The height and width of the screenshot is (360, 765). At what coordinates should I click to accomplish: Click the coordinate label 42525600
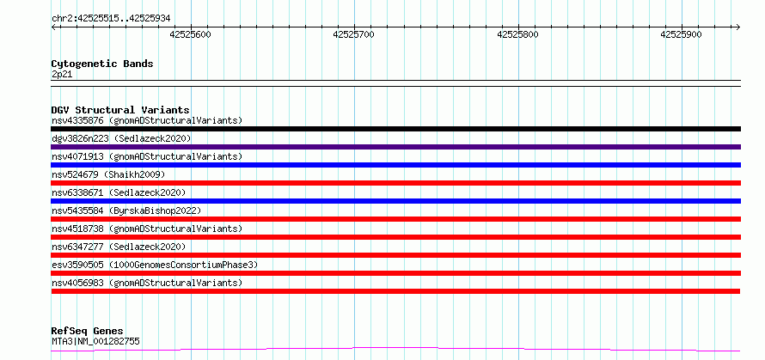190,34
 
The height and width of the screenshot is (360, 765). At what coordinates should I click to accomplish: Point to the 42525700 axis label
354,34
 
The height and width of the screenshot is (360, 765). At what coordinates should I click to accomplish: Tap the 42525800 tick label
517,34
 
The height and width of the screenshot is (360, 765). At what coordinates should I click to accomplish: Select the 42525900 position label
681,34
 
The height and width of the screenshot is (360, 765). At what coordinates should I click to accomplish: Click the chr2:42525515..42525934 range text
111,19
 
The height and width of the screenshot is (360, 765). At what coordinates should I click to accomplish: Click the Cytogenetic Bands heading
102,64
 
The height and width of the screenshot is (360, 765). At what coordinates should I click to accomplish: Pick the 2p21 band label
62,75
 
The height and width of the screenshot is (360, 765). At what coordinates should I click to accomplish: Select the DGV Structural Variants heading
120,110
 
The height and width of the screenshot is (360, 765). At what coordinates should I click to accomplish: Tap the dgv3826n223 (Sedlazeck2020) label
121,138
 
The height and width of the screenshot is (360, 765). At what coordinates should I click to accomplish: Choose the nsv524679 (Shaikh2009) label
108,174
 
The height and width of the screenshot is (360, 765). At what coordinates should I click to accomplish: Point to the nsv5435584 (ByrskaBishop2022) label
126,211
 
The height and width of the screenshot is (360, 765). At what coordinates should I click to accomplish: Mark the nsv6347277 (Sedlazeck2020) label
119,247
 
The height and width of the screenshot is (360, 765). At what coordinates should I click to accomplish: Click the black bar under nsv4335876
395,129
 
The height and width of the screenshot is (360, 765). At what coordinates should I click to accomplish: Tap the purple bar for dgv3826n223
395,147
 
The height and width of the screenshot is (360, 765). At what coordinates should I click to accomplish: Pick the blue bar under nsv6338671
395,201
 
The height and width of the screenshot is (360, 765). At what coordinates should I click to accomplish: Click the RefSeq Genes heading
87,332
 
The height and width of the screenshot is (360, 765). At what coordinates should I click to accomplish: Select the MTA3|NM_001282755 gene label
95,341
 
